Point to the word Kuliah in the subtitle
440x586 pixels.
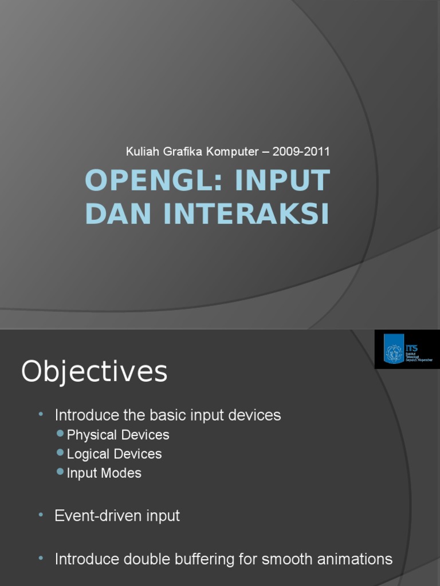[x=140, y=152]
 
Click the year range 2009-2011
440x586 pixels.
[x=301, y=152]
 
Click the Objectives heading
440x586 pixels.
[x=95, y=372]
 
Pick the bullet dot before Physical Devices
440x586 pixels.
[x=61, y=434]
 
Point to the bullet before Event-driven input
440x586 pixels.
[x=41, y=516]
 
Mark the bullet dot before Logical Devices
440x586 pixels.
[x=61, y=453]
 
